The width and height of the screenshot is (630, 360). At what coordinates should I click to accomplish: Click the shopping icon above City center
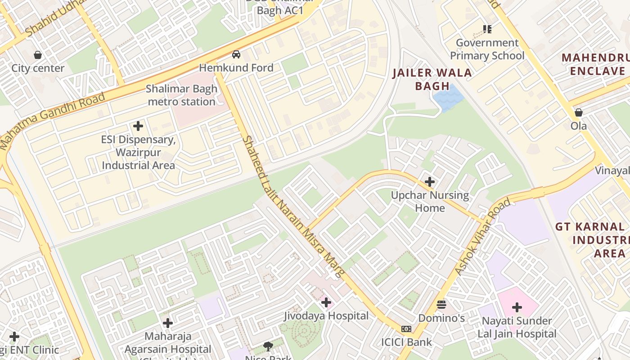(x=38, y=55)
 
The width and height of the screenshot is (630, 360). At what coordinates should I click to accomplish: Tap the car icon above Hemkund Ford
(x=236, y=55)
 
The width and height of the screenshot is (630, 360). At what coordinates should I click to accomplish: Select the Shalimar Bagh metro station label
(x=182, y=95)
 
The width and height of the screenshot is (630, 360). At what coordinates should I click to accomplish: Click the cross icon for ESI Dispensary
(x=138, y=126)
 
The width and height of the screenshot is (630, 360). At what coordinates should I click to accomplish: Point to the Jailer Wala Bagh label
(x=432, y=79)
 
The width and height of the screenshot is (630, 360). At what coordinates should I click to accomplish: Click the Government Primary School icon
(x=487, y=30)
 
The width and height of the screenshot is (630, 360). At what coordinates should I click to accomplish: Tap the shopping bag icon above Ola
(x=579, y=112)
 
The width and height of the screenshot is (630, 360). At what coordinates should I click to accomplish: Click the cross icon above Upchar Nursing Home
(x=430, y=182)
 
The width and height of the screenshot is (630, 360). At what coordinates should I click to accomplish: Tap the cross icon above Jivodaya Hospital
(x=326, y=302)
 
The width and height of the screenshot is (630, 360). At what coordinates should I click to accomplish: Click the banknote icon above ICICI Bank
(x=406, y=329)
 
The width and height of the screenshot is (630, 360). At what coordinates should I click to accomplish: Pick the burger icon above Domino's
(x=441, y=305)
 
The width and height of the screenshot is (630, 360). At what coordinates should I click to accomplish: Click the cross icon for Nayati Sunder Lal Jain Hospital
(x=517, y=308)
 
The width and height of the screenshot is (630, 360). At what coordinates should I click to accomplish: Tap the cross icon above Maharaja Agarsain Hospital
(x=168, y=323)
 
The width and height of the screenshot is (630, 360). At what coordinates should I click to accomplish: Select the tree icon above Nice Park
(x=268, y=346)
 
